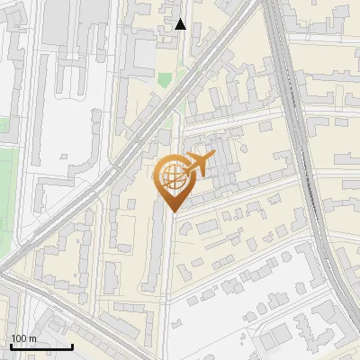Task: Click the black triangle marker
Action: point(181,24)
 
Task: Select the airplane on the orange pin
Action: point(200,165)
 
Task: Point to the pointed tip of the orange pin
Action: point(173,210)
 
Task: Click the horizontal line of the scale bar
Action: point(41,346)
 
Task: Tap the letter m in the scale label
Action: point(33,339)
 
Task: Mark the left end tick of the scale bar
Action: point(11,345)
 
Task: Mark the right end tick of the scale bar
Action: point(72,345)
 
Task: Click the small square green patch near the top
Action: point(165,79)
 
